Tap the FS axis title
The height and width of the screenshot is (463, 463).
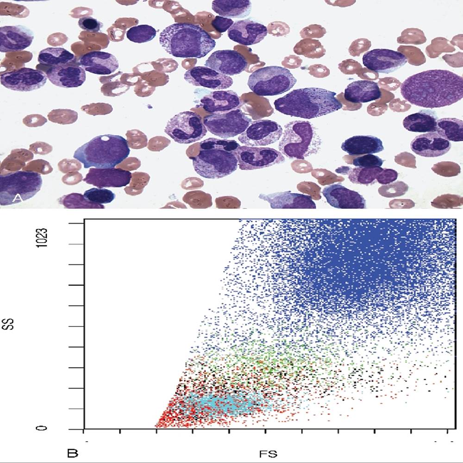click(x=268, y=452)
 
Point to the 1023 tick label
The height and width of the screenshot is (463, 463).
click(x=43, y=236)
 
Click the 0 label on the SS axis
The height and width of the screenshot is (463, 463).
click(x=43, y=428)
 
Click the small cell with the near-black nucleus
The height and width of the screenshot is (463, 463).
click(x=88, y=23)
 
